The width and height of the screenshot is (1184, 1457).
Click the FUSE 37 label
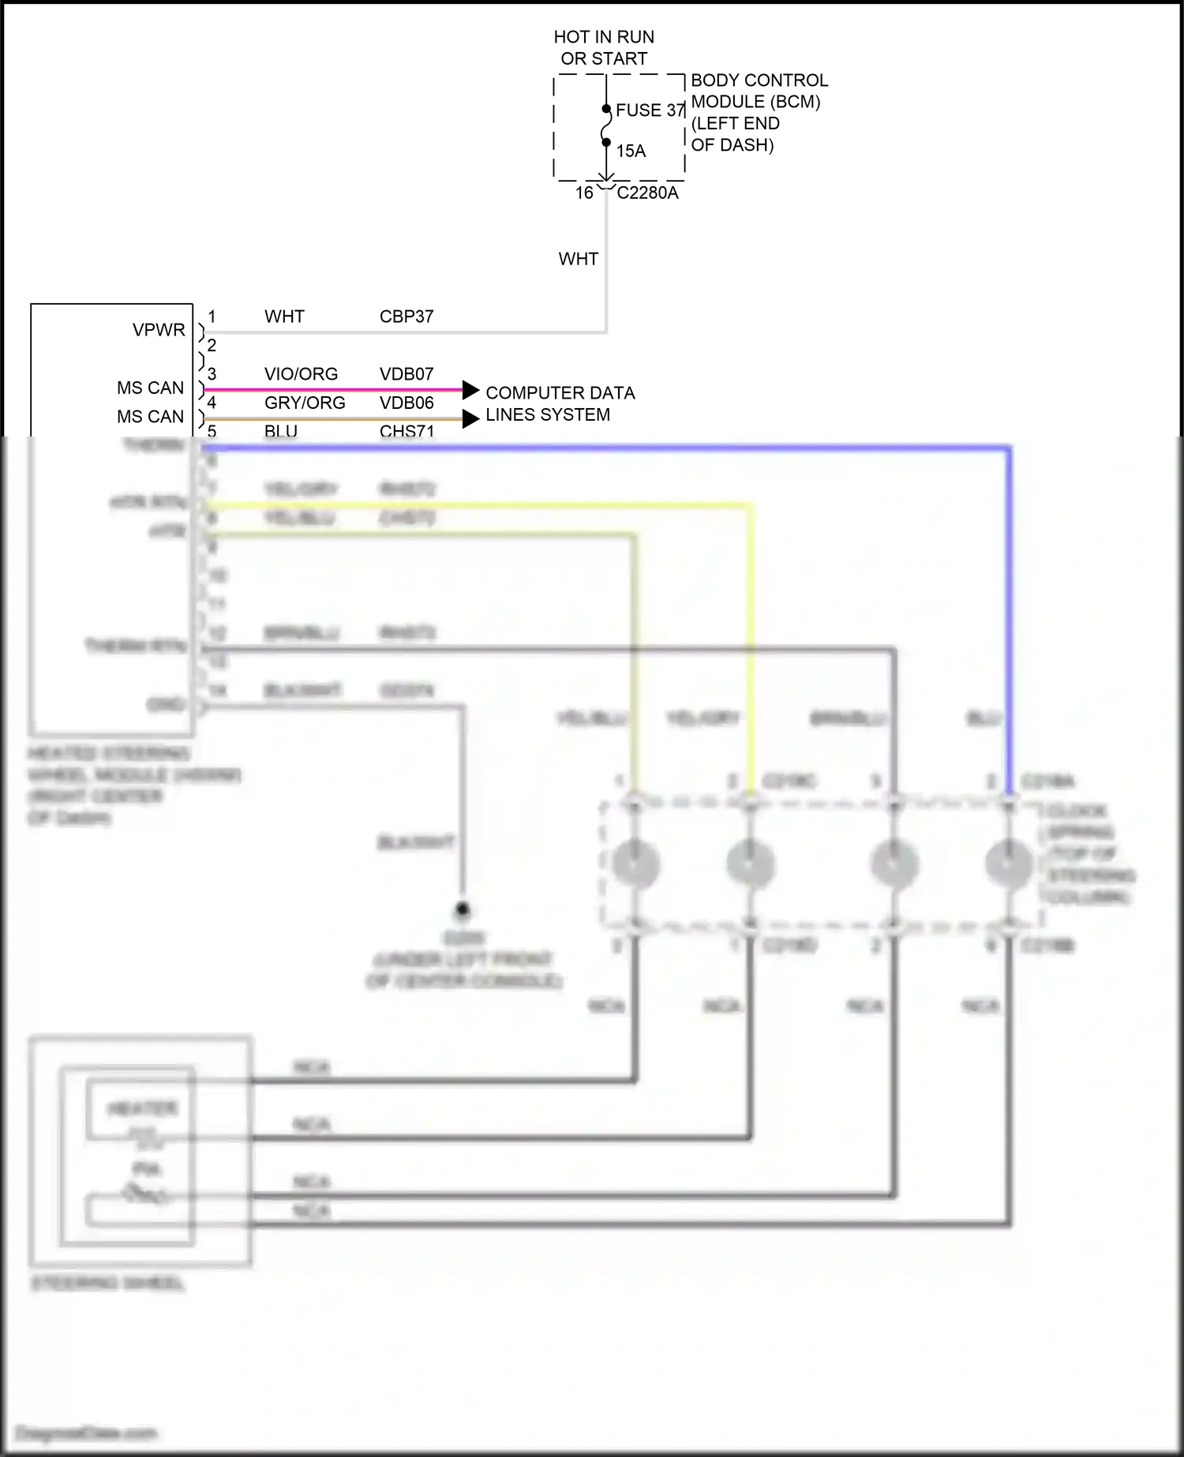(650, 110)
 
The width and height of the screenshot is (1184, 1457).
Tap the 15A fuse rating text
(631, 151)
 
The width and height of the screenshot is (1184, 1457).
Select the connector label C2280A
(647, 193)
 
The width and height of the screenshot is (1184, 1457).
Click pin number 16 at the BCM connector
(584, 193)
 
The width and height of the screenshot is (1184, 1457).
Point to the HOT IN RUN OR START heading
(604, 47)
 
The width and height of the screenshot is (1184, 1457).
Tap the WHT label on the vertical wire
(578, 259)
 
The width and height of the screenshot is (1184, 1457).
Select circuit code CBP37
(407, 316)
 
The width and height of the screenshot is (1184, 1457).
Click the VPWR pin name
(159, 330)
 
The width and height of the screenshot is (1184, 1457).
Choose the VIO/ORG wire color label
(301, 374)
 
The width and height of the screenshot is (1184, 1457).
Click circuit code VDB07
(407, 374)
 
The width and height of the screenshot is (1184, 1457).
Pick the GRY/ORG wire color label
(305, 403)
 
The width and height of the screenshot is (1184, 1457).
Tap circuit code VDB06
(407, 403)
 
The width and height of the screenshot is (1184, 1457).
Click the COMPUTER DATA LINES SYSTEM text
(560, 403)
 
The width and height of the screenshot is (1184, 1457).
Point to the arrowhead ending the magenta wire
(470, 389)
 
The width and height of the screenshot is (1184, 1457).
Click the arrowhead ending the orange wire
(470, 418)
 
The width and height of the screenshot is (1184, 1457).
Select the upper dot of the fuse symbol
(606, 109)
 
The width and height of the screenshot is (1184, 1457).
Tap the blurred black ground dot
(463, 909)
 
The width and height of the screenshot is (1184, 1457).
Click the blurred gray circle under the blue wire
(1009, 862)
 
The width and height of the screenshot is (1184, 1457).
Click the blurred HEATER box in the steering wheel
(142, 1109)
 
